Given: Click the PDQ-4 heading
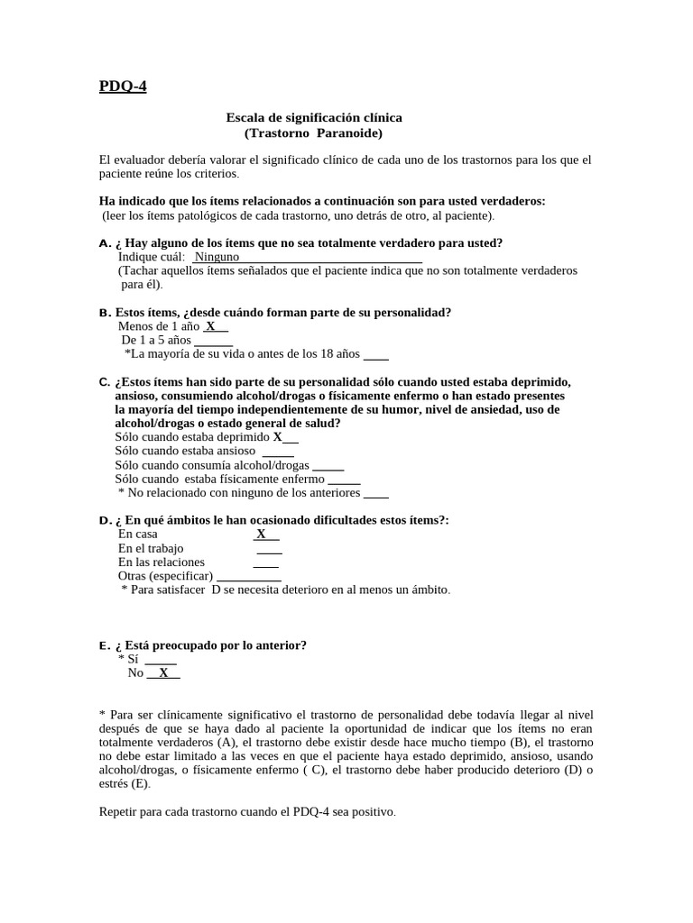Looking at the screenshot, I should [122, 87].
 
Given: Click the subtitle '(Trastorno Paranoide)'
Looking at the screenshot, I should [313, 133].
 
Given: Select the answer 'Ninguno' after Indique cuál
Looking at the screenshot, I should [217, 257].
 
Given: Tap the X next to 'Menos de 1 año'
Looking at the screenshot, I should [210, 326].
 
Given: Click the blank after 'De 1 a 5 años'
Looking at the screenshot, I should [214, 341].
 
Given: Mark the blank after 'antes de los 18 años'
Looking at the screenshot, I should [376, 354].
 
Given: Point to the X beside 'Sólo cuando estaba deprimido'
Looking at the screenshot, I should [278, 437].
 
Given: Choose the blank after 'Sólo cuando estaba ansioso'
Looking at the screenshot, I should [278, 452].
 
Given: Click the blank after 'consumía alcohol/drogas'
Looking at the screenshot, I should [328, 466].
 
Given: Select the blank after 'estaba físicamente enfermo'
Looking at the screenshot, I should [344, 480].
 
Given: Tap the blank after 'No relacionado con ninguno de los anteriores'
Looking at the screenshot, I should [376, 493].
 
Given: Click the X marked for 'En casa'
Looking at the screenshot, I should [261, 534].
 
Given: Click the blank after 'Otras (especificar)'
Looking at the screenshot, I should [249, 576].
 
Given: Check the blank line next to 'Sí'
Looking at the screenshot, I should [161, 659].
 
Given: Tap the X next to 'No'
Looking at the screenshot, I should [163, 672].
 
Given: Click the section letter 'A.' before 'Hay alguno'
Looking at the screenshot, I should [105, 243].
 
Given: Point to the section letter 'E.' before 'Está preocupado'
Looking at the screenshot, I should [105, 645].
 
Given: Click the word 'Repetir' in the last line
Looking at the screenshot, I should [119, 811].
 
